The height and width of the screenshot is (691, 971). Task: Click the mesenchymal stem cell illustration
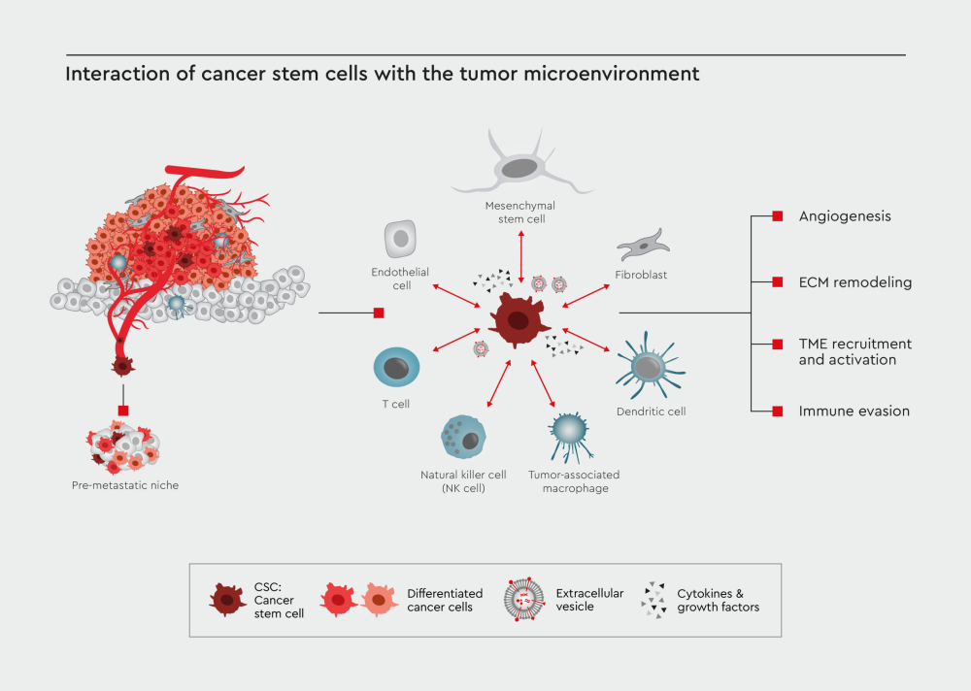520,167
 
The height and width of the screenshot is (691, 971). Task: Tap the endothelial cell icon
400,239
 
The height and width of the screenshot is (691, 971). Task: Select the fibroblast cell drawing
643,246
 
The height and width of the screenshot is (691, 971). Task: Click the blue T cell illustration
396,367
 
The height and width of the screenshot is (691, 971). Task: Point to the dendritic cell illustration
649,367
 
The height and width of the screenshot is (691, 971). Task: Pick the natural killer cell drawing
463,437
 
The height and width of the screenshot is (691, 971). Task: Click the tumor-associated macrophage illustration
568,434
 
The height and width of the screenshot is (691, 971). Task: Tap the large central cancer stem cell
519,320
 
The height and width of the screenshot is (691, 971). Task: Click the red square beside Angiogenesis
778,216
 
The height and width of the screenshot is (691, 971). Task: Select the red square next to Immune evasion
778,411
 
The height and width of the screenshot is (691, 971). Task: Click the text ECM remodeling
855,282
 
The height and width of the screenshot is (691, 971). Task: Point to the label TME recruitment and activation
855,351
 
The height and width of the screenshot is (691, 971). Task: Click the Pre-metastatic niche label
125,485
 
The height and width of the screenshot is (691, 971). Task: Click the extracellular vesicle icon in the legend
524,600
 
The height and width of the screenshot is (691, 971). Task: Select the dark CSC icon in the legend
227,600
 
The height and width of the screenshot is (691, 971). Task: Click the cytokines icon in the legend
653,600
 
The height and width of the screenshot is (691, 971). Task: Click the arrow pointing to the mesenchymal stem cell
521,257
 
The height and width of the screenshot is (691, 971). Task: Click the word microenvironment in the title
612,74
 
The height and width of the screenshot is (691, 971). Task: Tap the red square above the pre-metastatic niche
123,411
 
